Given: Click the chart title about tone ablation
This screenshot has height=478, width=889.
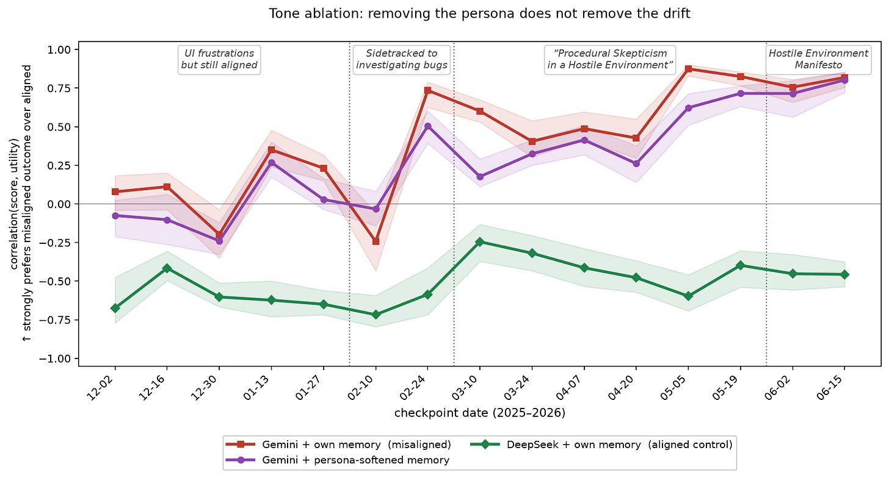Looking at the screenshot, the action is (x=479, y=13).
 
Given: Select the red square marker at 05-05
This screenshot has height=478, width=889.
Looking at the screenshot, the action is (x=688, y=69).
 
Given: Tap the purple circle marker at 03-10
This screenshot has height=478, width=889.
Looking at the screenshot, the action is (x=480, y=177).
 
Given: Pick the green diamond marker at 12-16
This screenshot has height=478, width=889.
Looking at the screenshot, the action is (x=167, y=268).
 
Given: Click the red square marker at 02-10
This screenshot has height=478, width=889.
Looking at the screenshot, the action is (x=376, y=241).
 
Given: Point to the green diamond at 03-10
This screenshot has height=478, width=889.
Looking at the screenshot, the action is (x=480, y=242).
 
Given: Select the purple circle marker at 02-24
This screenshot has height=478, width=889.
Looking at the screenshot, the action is (x=428, y=126).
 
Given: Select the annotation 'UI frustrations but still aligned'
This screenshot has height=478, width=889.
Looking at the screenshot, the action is (x=219, y=60).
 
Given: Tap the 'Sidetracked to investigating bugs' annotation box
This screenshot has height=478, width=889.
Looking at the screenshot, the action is (x=402, y=60).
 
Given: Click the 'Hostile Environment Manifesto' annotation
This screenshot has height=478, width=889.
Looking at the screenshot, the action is (x=818, y=60).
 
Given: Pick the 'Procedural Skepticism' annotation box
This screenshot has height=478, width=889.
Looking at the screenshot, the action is (x=610, y=60).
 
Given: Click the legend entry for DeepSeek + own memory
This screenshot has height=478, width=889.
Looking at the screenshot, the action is (x=601, y=444).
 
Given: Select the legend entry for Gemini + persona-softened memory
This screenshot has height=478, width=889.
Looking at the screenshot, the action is (x=338, y=460).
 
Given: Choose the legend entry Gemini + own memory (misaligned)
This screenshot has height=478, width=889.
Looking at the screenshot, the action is (x=338, y=444).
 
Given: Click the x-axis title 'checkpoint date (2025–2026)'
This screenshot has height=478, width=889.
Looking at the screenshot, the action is (x=480, y=413).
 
